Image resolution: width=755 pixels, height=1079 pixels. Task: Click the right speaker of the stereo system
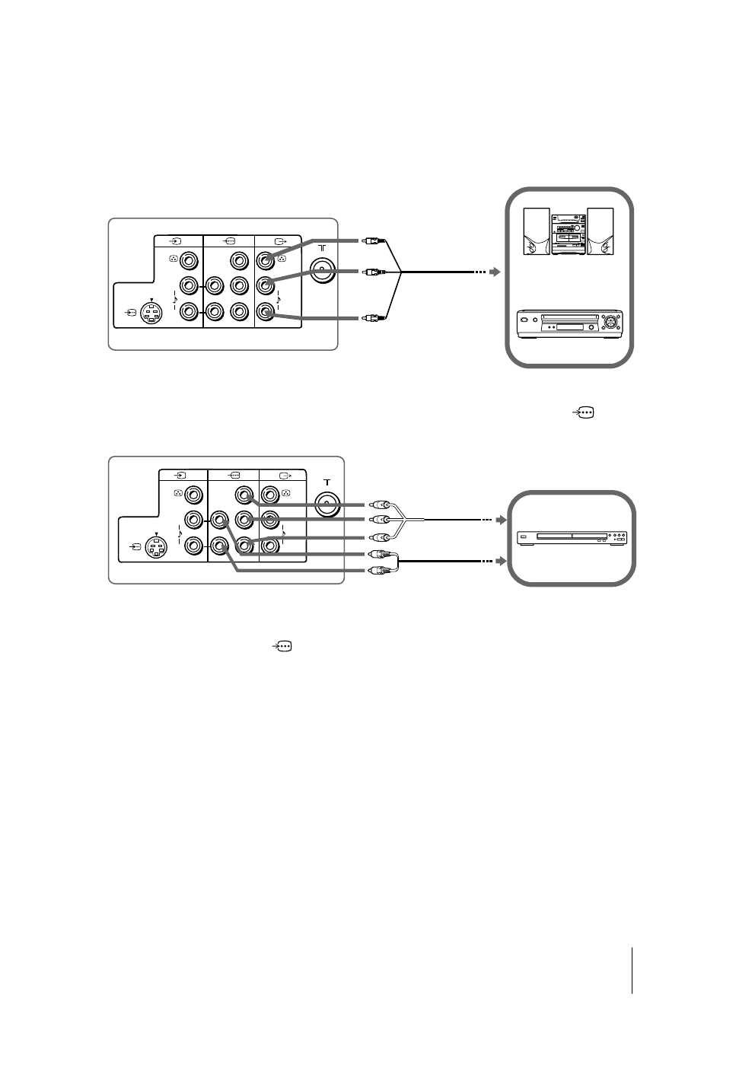(x=600, y=231)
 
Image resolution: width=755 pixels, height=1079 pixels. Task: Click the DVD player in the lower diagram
(x=572, y=539)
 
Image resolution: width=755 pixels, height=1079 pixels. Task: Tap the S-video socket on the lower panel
(x=157, y=547)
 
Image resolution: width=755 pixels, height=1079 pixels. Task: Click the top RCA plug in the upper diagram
(x=370, y=243)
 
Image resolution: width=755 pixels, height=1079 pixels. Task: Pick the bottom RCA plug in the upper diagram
(x=370, y=317)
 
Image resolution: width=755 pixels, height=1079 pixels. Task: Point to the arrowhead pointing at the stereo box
(x=495, y=272)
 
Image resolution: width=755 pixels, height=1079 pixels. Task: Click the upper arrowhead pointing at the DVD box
(x=500, y=520)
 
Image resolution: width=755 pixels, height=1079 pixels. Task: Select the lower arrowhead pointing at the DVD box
(x=500, y=562)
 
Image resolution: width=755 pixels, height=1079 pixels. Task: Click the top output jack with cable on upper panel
(x=266, y=261)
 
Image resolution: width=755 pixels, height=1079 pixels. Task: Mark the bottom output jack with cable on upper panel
(x=266, y=311)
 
